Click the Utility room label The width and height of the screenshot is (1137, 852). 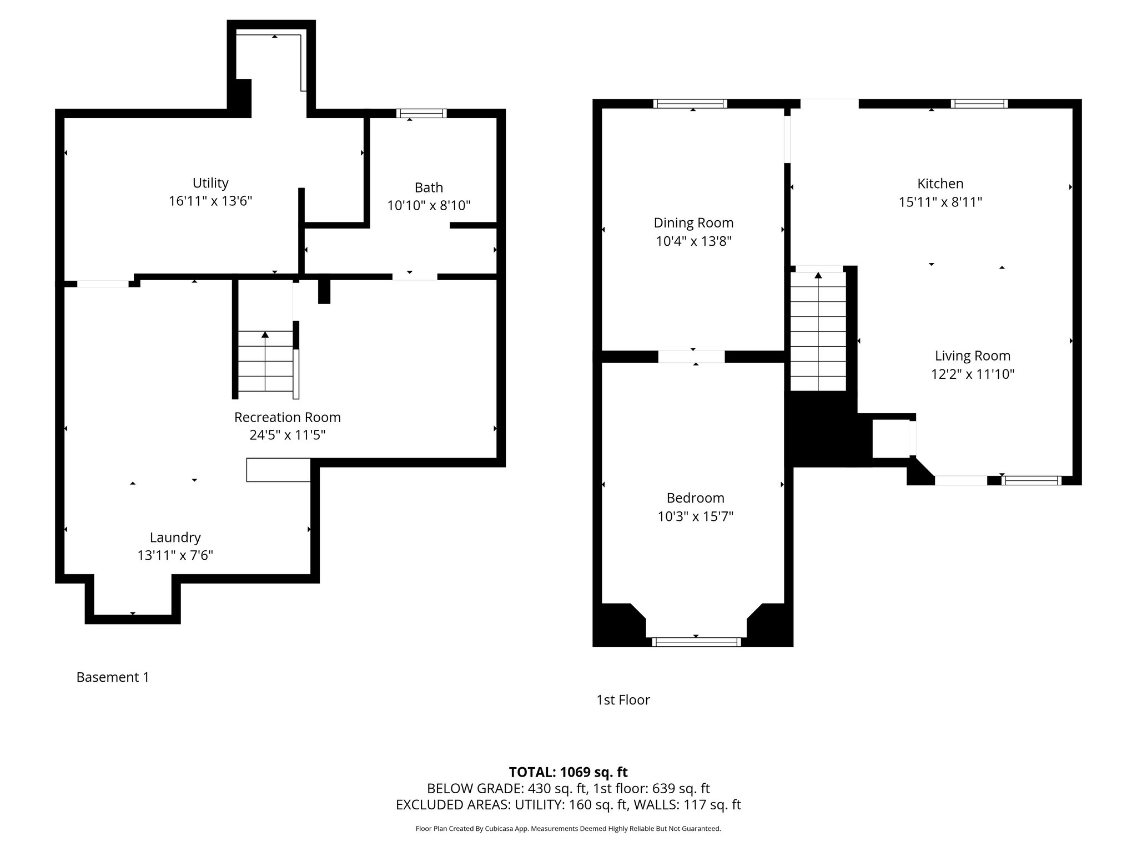tap(210, 183)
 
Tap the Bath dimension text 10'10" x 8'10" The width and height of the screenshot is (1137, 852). tap(429, 206)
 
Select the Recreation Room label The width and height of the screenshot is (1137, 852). tap(287, 417)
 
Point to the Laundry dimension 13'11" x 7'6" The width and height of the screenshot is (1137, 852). tap(175, 555)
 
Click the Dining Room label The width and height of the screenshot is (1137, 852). tap(693, 223)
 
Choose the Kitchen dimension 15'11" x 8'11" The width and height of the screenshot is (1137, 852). tap(940, 202)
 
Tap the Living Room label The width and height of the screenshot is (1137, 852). tap(973, 356)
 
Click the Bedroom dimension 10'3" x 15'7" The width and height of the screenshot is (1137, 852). tap(696, 516)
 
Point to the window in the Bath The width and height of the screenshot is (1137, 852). tap(421, 113)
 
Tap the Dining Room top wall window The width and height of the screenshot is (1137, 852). tap(690, 104)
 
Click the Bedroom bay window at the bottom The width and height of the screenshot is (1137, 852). tap(696, 642)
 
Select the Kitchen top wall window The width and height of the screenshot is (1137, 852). tap(979, 104)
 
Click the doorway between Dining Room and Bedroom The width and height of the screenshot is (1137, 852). tap(692, 357)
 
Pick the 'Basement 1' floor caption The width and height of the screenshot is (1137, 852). tap(113, 677)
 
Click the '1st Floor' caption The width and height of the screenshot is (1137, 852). tap(623, 700)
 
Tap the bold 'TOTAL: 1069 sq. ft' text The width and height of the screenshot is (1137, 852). tap(568, 772)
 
